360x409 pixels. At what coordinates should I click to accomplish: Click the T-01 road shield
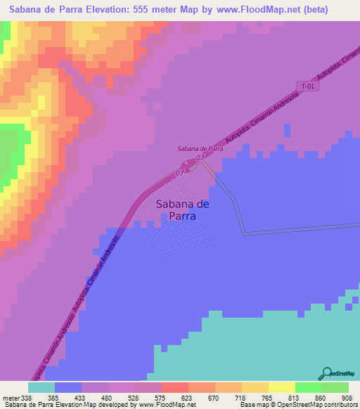(x=306, y=86)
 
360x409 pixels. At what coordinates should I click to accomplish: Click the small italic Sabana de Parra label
(x=200, y=149)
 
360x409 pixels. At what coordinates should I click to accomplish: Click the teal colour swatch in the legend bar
(x=41, y=387)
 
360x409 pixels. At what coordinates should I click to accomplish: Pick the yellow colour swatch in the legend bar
(x=282, y=387)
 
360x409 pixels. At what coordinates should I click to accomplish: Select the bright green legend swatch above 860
(x=309, y=387)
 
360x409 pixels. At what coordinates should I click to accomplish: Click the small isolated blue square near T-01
(x=286, y=131)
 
